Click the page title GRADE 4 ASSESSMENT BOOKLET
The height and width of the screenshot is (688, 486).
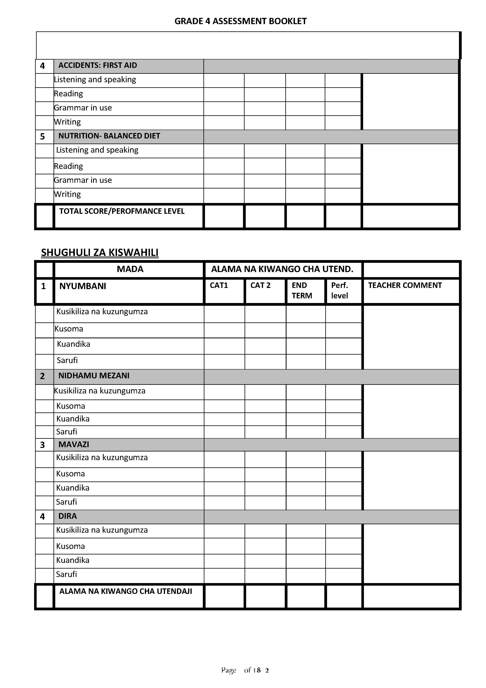tap(240, 21)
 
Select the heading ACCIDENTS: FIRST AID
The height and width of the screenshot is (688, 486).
tap(98, 65)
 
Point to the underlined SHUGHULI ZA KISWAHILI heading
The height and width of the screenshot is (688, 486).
tap(100, 253)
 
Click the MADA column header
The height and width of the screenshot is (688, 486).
tap(130, 269)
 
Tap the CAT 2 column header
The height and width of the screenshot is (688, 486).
tap(260, 285)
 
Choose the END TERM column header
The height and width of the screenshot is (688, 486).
tap(302, 290)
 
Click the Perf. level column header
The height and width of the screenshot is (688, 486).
tap(340, 290)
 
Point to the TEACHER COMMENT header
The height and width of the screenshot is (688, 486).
tap(405, 285)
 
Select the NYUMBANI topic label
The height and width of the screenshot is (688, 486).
tap(83, 286)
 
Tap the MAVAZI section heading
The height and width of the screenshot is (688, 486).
tap(74, 445)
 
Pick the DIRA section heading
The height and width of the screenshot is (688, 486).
tap(68, 516)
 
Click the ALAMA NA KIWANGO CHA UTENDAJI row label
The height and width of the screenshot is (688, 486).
tap(125, 591)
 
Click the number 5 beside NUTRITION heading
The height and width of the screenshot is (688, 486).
tap(43, 137)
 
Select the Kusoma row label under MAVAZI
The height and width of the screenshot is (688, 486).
tap(70, 474)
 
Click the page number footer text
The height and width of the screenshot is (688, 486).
tap(245, 670)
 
